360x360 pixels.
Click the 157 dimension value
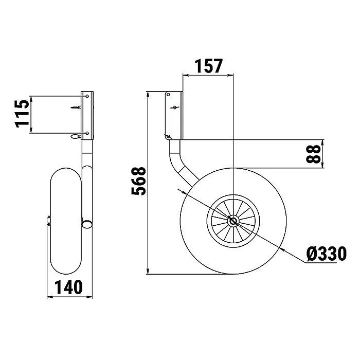coord(208,66)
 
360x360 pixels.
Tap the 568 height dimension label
coord(138,181)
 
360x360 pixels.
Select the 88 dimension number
coord(313,154)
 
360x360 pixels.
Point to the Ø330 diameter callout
coord(326,254)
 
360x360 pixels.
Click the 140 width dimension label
coord(68,287)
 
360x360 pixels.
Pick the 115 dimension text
coord(22,114)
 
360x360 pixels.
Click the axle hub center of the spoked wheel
coord(233,221)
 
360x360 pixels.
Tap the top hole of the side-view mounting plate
coord(168,95)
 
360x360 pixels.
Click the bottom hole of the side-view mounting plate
coord(168,137)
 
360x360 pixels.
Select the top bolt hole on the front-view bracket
coord(87,96)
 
